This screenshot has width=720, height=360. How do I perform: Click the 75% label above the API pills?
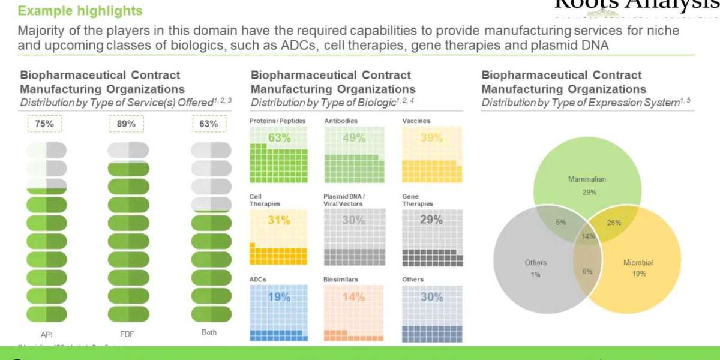pyautogui.click(x=45, y=124)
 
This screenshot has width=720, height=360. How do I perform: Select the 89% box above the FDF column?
pyautogui.click(x=127, y=124)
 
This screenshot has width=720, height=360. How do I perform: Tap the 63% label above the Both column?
pyautogui.click(x=208, y=124)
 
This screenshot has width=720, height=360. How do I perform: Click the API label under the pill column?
pyautogui.click(x=46, y=335)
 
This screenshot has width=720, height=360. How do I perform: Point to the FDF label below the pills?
pyautogui.click(x=127, y=335)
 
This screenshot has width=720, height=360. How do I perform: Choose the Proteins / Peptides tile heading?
pyautogui.click(x=277, y=121)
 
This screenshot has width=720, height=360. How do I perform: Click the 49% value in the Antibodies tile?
pyautogui.click(x=353, y=138)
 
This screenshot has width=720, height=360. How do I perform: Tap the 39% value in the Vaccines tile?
pyautogui.click(x=431, y=138)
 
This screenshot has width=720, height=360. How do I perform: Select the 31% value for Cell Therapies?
pyautogui.click(x=279, y=220)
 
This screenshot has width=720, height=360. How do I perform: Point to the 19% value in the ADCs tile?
pyautogui.click(x=279, y=297)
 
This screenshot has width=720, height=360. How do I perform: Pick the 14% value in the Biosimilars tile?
pyautogui.click(x=353, y=297)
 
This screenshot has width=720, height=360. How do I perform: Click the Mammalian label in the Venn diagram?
pyautogui.click(x=587, y=179)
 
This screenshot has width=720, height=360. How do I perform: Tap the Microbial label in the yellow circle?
pyautogui.click(x=638, y=263)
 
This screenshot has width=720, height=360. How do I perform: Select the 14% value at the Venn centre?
pyautogui.click(x=588, y=236)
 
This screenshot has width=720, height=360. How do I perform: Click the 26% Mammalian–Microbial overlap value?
pyautogui.click(x=614, y=223)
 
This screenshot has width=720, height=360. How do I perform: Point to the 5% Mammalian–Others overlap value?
pyautogui.click(x=560, y=222)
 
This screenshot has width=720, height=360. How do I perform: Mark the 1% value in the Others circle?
pyautogui.click(x=535, y=274)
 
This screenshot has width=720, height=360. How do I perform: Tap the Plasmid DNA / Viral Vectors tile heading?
pyautogui.click(x=344, y=200)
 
